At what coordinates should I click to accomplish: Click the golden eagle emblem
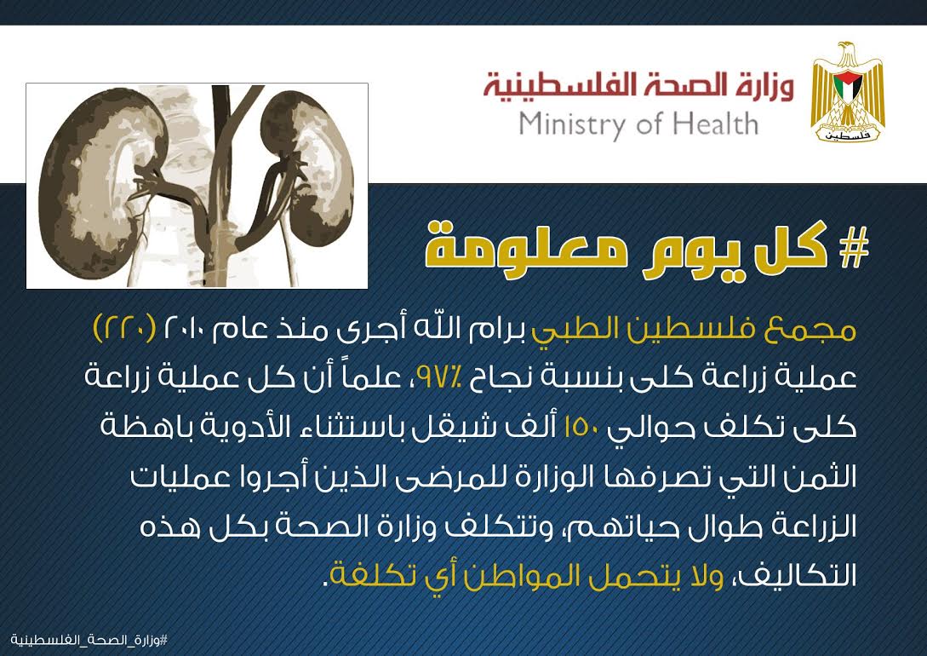(x=848, y=92)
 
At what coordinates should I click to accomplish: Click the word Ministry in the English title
(x=570, y=125)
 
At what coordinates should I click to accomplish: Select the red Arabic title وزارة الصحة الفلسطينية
(x=638, y=86)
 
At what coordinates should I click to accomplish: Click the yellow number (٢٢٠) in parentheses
(x=125, y=328)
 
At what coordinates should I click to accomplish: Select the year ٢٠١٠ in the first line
(x=183, y=328)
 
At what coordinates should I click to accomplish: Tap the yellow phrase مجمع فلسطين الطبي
(x=694, y=329)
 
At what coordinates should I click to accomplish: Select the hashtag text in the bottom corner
(x=89, y=641)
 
